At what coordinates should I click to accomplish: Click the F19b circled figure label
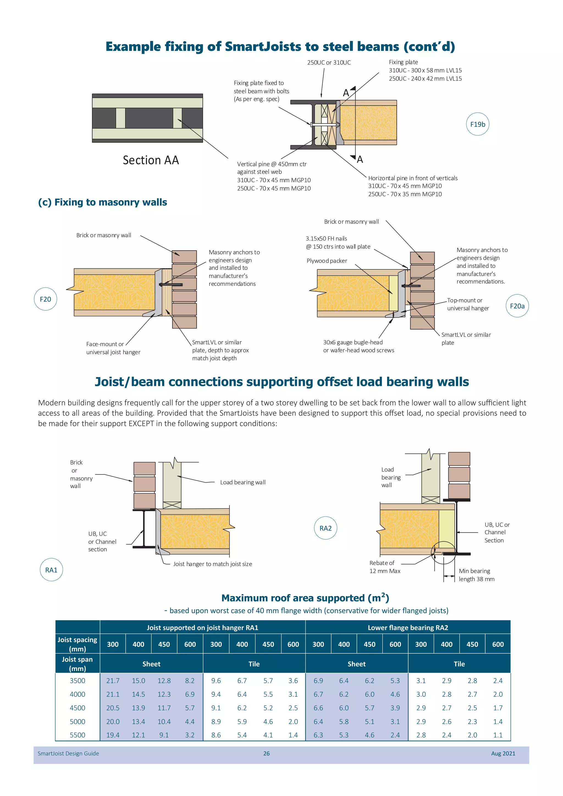point(478,124)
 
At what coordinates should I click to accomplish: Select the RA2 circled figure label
point(325,528)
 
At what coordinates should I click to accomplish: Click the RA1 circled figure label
point(51,570)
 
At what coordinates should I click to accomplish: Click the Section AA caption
point(151,160)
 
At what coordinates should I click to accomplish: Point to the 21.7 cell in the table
point(113,681)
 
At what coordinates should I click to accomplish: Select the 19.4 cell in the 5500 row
point(113,735)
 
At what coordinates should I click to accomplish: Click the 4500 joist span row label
point(77,708)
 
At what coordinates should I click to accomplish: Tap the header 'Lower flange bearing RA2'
point(408,628)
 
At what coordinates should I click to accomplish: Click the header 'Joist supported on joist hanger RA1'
point(202,628)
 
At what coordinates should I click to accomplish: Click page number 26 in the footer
point(266,753)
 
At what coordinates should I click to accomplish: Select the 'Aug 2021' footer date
point(503,753)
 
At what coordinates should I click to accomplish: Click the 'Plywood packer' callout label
point(327,261)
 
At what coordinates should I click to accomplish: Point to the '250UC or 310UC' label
point(329,62)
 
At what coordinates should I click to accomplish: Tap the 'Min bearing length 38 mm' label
point(476,575)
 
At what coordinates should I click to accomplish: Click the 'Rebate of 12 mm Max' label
point(385,567)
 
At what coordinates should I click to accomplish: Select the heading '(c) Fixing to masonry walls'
point(103,202)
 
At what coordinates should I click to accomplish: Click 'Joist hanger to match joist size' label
point(212,564)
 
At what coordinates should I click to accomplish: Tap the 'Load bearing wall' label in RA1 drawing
point(243,482)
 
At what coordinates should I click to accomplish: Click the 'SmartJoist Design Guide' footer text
point(68,753)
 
